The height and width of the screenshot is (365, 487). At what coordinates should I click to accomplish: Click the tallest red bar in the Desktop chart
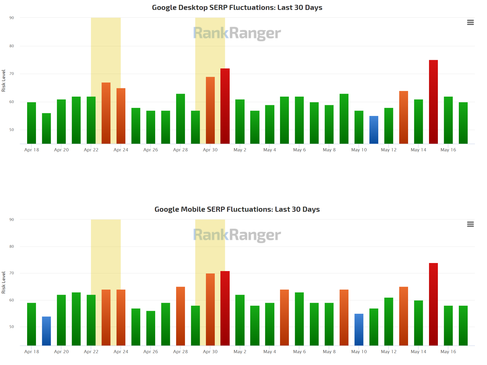pos(433,102)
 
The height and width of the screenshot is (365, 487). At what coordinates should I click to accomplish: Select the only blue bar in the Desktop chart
pos(374,130)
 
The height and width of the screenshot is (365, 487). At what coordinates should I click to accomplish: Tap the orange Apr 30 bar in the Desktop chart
pos(210,110)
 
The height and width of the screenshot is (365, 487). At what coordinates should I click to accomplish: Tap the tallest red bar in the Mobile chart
pos(433,304)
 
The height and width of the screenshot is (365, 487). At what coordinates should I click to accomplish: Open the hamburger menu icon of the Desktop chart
pos(470,23)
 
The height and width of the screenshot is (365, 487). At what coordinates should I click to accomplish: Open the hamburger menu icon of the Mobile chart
pos(470,224)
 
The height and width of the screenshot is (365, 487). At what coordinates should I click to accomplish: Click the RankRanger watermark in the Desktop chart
pos(237,33)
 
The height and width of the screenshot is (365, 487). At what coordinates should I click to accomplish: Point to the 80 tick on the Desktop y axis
pos(12,46)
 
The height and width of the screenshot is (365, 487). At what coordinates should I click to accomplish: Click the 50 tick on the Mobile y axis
pos(12,327)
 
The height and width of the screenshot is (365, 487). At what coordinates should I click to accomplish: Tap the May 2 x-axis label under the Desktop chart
pos(240,150)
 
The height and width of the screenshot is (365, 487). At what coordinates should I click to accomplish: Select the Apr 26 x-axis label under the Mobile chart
pos(151,352)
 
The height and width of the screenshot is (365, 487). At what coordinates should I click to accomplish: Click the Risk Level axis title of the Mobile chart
pos(3,282)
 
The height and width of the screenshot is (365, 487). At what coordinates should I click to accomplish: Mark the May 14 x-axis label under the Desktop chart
pos(418,150)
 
